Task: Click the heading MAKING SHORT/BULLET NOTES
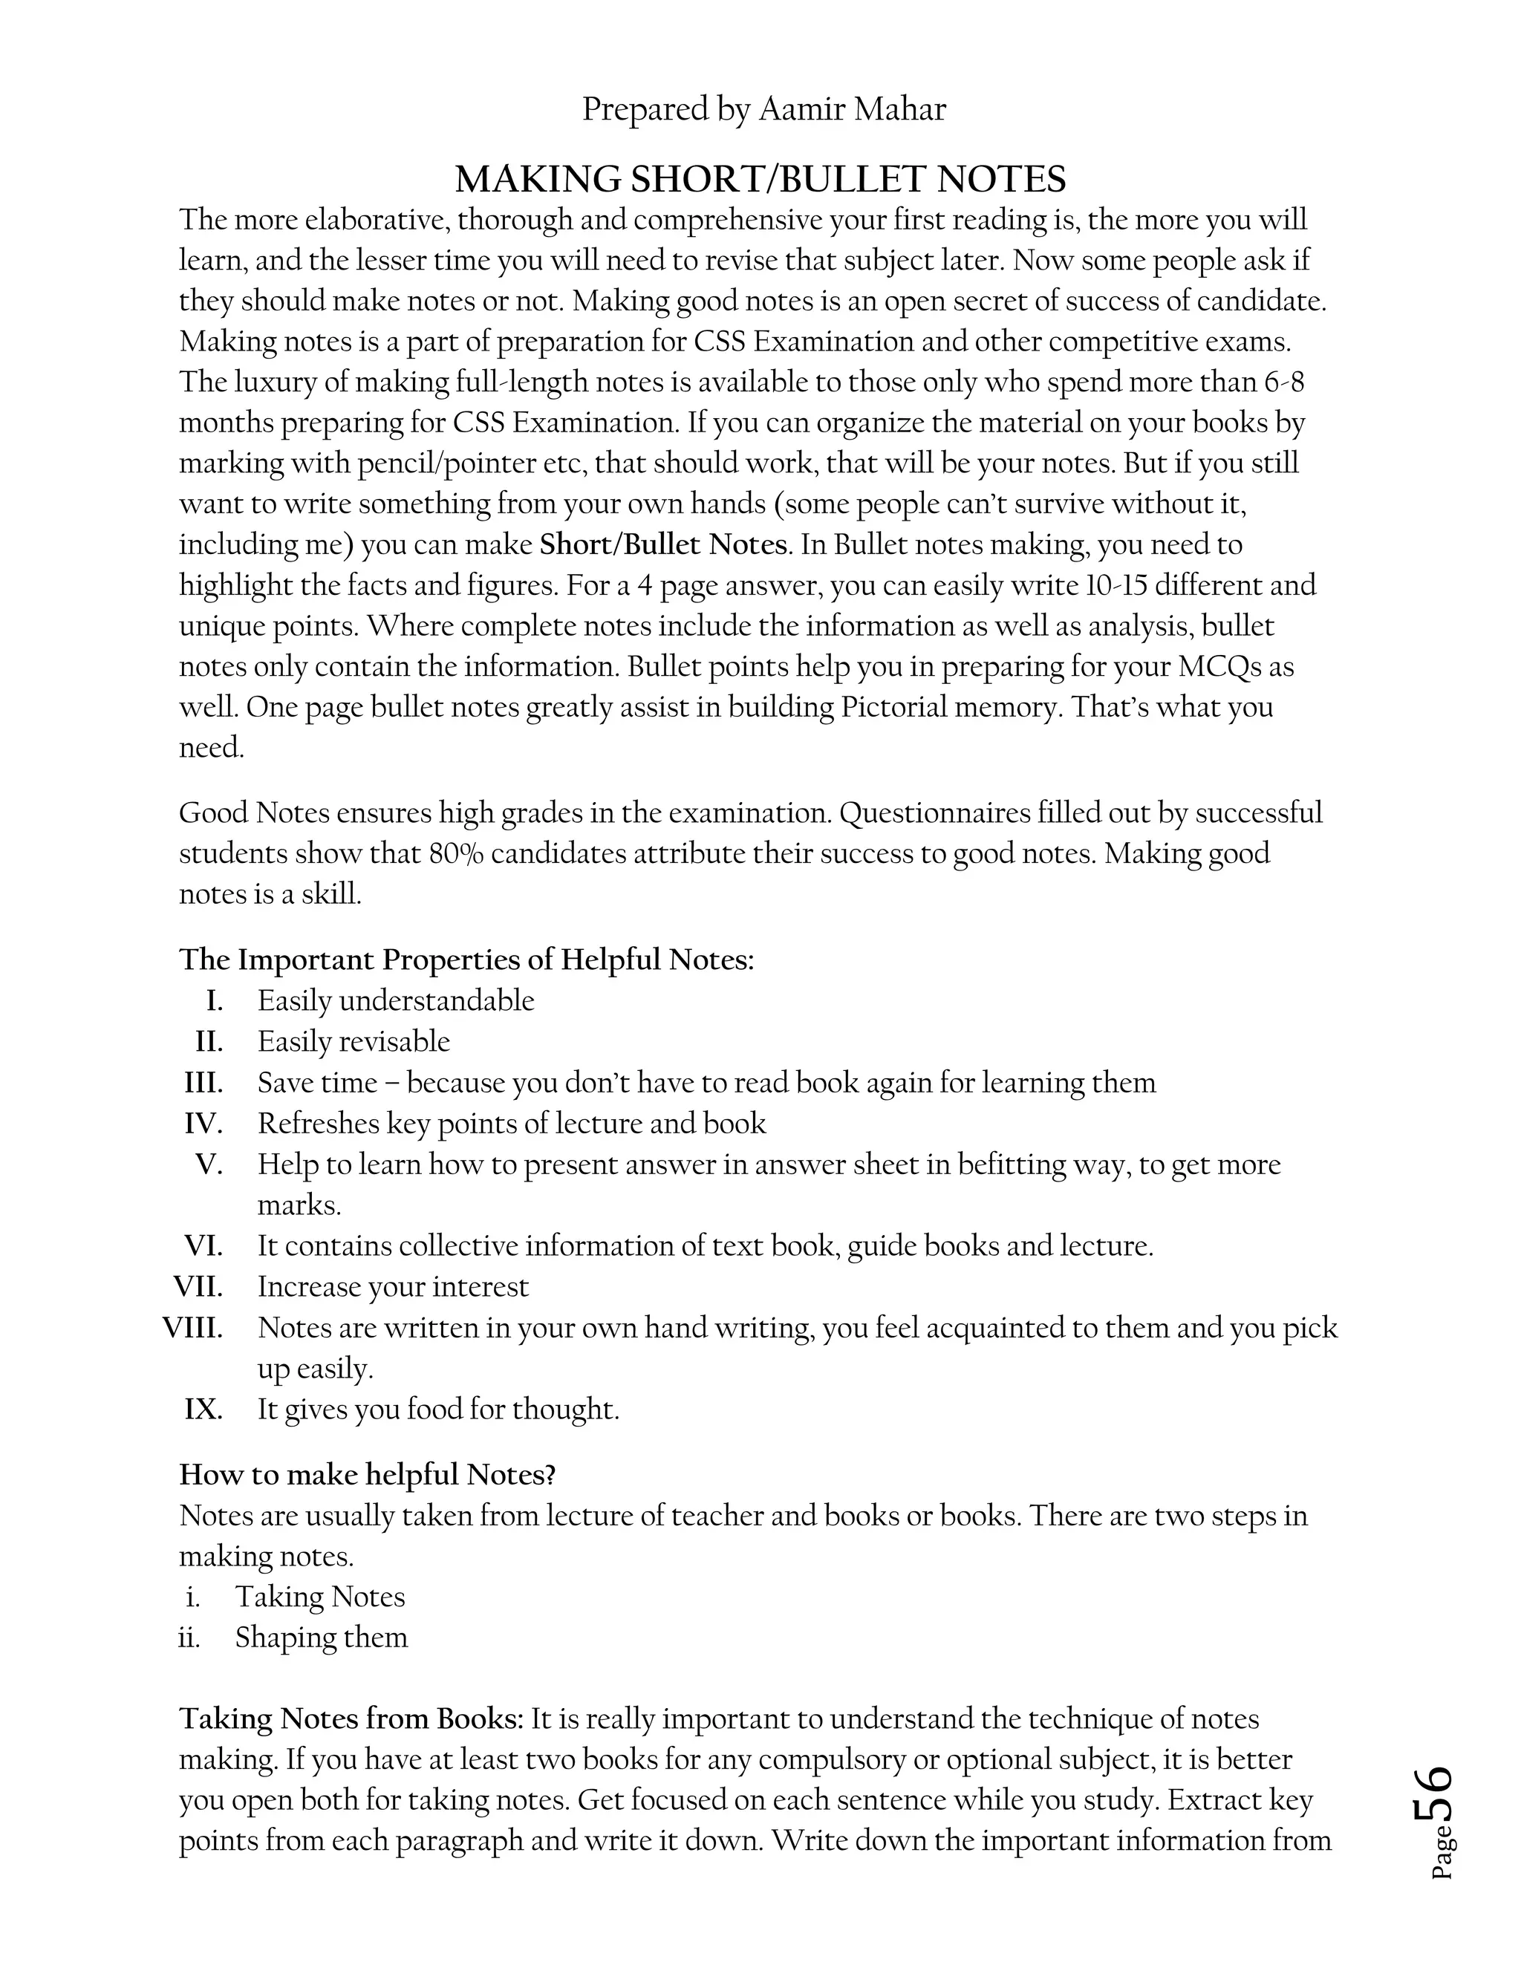tap(760, 179)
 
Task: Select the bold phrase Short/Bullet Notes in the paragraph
tap(663, 545)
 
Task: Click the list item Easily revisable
tap(354, 1042)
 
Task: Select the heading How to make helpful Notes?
tap(367, 1475)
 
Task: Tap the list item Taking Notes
tap(320, 1597)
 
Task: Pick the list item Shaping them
tap(321, 1638)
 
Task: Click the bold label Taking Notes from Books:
tap(351, 1718)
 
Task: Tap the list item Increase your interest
tap(393, 1287)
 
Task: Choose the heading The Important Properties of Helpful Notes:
tap(466, 959)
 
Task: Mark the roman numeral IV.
tap(203, 1124)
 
